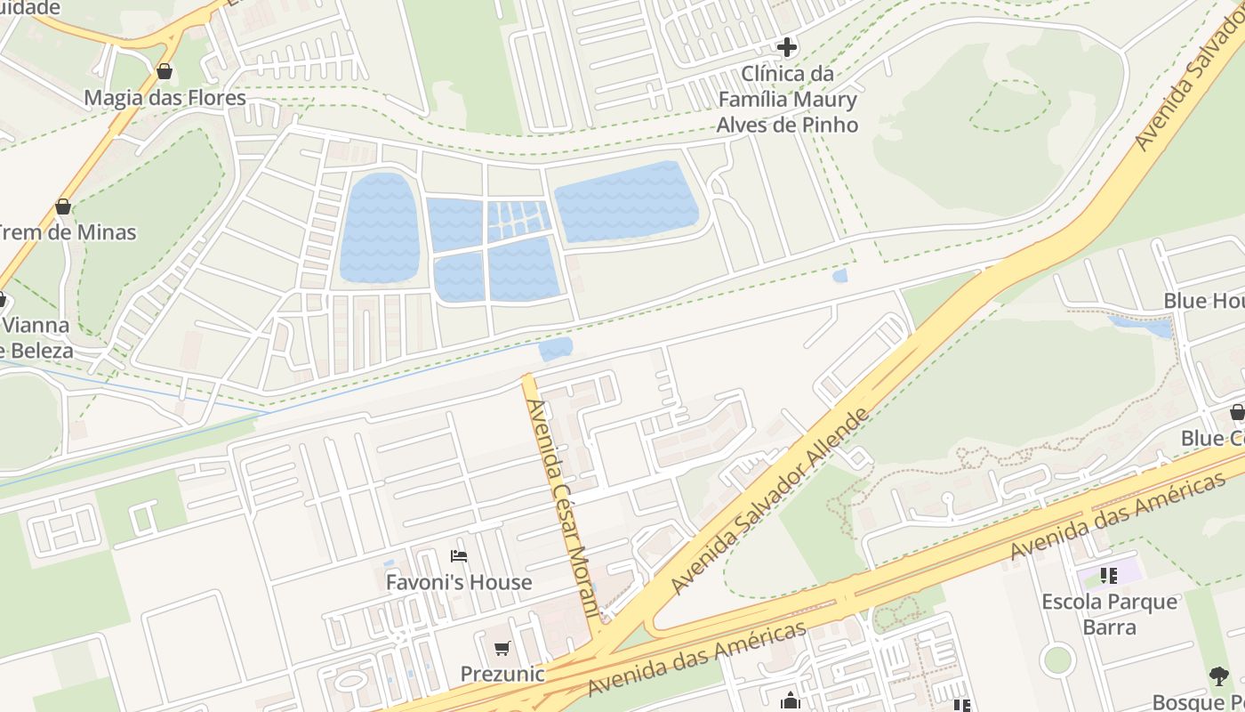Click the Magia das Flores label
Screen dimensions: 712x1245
tap(165, 97)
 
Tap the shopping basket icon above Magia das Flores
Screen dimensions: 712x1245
tap(164, 71)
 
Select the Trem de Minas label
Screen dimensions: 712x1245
tap(68, 232)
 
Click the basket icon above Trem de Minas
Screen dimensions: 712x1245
tap(63, 207)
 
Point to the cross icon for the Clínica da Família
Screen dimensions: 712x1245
tap(787, 46)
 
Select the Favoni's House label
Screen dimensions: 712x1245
tap(459, 582)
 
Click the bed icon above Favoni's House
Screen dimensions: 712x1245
tap(459, 557)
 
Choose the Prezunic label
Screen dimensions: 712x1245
tap(502, 674)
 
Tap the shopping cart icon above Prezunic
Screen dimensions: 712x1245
tap(502, 649)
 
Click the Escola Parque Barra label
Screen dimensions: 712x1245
tap(1110, 614)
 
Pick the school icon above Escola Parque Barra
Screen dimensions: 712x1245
tap(1108, 576)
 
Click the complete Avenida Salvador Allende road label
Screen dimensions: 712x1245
tap(769, 501)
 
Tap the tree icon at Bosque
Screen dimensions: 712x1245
tap(1219, 676)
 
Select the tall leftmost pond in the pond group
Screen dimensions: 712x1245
tap(380, 228)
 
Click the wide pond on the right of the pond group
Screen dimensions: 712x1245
tap(626, 201)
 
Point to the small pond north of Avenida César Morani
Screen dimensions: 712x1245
tap(556, 349)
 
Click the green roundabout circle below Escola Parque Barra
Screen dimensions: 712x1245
tap(1057, 659)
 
